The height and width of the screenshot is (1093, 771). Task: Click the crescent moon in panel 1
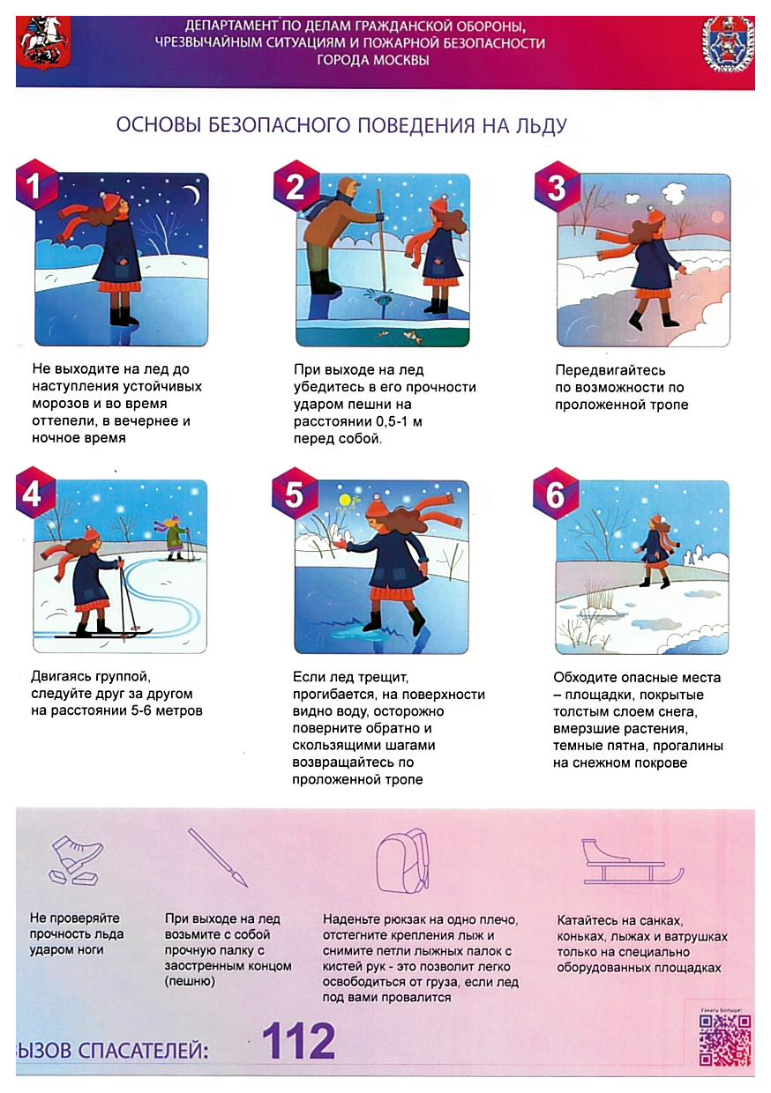(194, 196)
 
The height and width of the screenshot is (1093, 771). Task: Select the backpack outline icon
(402, 861)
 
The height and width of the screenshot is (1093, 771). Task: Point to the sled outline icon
(633, 862)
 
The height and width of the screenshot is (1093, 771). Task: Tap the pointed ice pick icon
(218, 857)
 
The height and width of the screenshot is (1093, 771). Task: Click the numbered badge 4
(34, 494)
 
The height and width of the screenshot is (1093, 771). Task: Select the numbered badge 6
(555, 494)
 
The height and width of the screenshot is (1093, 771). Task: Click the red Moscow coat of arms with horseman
(43, 43)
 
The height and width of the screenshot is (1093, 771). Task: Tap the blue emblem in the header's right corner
(728, 45)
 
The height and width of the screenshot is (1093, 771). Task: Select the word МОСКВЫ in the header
(372, 61)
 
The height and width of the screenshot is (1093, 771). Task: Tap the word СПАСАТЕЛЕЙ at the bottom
(144, 1050)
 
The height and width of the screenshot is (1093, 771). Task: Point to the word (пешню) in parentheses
(190, 981)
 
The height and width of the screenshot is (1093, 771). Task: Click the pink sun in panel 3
(718, 216)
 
